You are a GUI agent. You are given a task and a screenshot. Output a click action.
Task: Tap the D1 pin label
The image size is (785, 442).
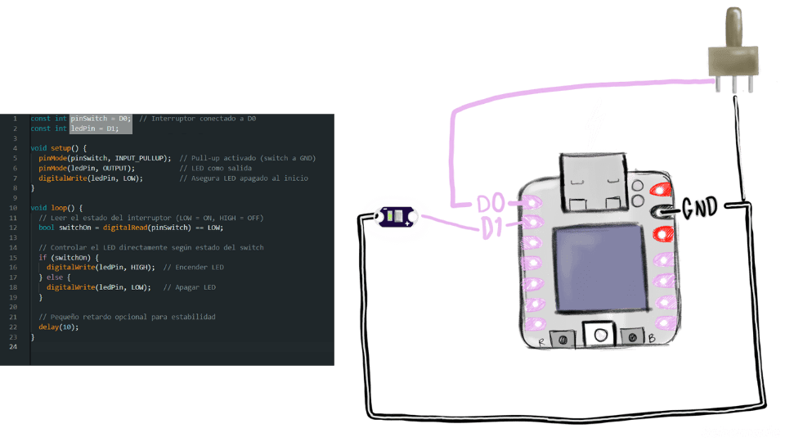492,228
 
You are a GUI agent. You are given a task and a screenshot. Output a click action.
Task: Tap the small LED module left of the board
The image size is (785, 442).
396,217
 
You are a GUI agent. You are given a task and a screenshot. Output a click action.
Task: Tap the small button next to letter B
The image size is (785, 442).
630,336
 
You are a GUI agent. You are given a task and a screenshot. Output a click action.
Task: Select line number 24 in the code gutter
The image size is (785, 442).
14,347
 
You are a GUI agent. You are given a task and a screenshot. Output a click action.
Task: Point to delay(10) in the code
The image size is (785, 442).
58,327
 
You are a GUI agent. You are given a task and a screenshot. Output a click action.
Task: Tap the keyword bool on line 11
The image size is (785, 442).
46,228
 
